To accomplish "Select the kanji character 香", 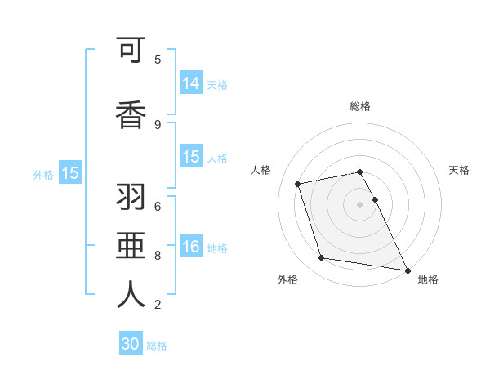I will pyautogui.click(x=131, y=115).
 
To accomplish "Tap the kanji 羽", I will pyautogui.click(x=131, y=197).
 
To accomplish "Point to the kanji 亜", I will pyautogui.click(x=131, y=246).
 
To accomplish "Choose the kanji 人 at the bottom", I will pyautogui.click(x=131, y=295).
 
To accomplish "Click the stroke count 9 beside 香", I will pyautogui.click(x=158, y=124).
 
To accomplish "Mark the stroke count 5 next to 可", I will pyautogui.click(x=158, y=59).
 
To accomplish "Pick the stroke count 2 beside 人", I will pyautogui.click(x=158, y=305).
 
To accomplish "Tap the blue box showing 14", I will pyautogui.click(x=191, y=83).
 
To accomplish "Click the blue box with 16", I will pyautogui.click(x=191, y=247).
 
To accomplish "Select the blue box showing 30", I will pyautogui.click(x=131, y=344).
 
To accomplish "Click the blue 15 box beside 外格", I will pyautogui.click(x=70, y=173).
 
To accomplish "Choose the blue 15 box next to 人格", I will pyautogui.click(x=191, y=157).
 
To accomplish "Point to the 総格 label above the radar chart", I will pyautogui.click(x=360, y=106).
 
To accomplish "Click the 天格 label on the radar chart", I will pyautogui.click(x=460, y=170).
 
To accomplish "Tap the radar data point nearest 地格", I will pyautogui.click(x=406, y=270).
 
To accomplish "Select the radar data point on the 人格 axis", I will pyautogui.click(x=298, y=183).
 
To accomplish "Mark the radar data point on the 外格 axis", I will pyautogui.click(x=322, y=258).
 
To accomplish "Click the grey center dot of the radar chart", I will pyautogui.click(x=360, y=203).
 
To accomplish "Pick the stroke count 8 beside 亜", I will pyautogui.click(x=158, y=255).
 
